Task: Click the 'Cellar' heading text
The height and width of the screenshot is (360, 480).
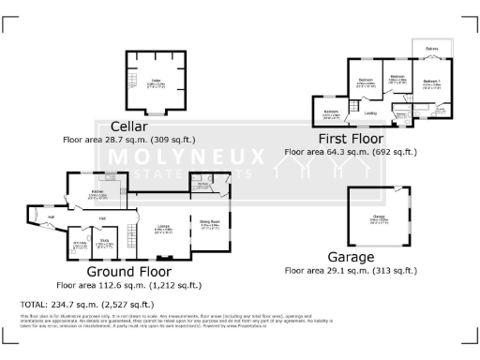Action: pos(129,127)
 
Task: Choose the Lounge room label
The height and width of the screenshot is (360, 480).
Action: pos(163,226)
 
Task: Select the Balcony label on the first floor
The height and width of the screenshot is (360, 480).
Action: pos(431,49)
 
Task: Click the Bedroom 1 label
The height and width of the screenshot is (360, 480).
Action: pos(430,82)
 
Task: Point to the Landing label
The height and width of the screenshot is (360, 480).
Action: pos(371,113)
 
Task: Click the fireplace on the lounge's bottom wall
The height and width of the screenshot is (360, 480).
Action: pos(166,257)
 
